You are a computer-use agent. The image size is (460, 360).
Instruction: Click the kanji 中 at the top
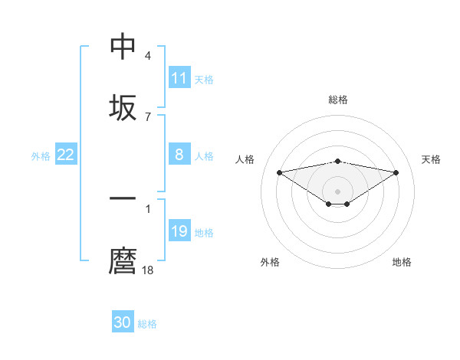click(123, 46)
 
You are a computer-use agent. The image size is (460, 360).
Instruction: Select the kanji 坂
click(123, 107)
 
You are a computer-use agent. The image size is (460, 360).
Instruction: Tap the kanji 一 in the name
click(123, 199)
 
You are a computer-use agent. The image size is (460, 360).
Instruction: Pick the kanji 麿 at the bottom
click(123, 260)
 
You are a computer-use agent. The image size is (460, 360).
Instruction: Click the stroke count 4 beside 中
click(148, 56)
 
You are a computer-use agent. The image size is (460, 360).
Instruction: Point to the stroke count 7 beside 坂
click(148, 116)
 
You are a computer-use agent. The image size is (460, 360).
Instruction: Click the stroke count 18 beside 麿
click(149, 270)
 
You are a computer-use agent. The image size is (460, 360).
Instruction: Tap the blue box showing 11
click(179, 78)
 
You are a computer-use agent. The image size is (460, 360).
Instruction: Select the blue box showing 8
click(179, 155)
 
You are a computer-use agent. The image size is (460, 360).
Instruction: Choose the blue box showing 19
click(179, 231)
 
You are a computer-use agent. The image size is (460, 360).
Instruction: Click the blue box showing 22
click(66, 155)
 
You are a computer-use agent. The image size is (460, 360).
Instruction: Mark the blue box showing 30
click(123, 322)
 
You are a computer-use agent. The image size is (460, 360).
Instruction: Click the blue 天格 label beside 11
click(204, 79)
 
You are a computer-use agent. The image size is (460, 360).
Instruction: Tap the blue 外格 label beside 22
click(41, 155)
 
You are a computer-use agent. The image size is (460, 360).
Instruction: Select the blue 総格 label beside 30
click(147, 323)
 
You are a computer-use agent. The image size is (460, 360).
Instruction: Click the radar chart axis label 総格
click(338, 100)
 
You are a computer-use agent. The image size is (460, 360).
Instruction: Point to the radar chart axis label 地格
click(402, 262)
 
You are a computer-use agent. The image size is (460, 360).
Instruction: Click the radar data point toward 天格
click(396, 172)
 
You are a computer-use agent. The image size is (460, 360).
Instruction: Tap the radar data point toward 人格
click(279, 172)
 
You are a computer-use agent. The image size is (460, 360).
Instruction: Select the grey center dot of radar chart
click(338, 191)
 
